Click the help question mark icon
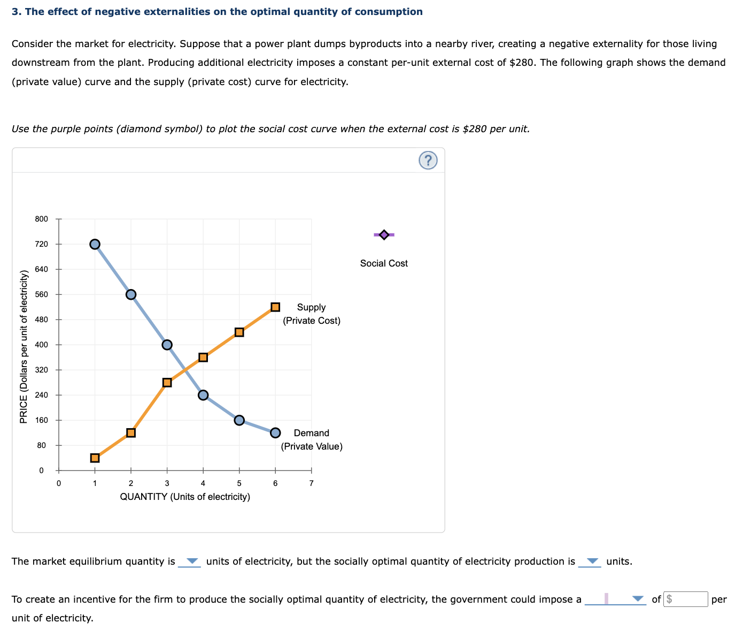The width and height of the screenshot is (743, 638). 428,160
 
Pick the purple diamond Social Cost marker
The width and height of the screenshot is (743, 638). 384,234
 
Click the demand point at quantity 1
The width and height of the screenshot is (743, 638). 95,244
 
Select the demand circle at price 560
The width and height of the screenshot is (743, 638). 131,294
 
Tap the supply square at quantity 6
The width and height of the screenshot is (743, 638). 275,307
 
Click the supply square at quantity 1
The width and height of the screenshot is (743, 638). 95,458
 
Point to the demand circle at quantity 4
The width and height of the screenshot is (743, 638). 203,395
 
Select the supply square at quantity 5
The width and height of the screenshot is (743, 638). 239,332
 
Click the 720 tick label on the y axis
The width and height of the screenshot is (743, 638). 42,244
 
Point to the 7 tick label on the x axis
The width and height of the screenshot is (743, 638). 312,483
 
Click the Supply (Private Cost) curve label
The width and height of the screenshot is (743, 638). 312,314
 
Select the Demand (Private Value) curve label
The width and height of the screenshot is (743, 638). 312,439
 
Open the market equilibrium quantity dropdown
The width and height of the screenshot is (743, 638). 190,561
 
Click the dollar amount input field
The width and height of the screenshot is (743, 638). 686,599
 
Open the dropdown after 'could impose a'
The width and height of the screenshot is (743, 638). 615,599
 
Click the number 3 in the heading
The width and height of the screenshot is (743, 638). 14,12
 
